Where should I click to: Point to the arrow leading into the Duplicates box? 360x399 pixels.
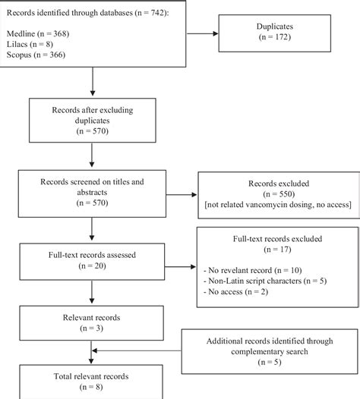tap(201, 33)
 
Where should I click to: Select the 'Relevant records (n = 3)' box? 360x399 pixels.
tap(91, 322)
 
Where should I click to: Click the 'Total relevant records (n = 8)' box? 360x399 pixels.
tap(91, 381)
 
